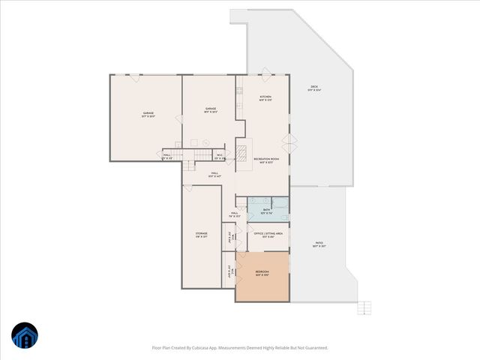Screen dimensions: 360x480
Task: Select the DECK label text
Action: pyautogui.click(x=314, y=88)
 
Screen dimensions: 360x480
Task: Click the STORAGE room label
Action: pyautogui.click(x=202, y=235)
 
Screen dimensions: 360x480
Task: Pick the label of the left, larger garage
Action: pyautogui.click(x=148, y=115)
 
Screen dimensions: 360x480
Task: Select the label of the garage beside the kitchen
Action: pyautogui.click(x=211, y=110)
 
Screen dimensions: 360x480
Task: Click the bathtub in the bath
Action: pyautogui.click(x=279, y=202)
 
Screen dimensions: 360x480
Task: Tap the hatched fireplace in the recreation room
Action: pyautogui.click(x=242, y=154)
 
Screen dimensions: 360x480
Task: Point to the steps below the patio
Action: pyautogui.click(x=364, y=307)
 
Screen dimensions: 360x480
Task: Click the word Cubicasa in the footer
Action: pyautogui.click(x=207, y=348)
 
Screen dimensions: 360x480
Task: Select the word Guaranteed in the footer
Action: pyautogui.click(x=313, y=348)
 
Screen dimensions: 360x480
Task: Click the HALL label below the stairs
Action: pyautogui.click(x=214, y=175)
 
